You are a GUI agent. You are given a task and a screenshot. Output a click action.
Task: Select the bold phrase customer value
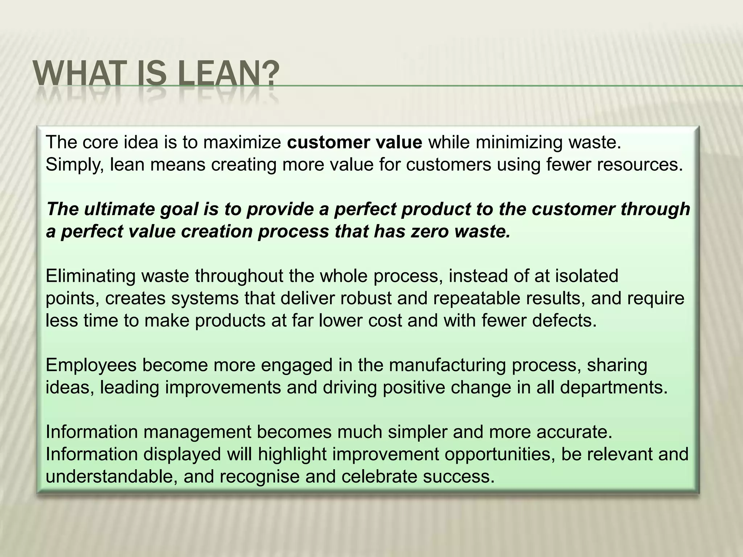pyautogui.click(x=354, y=142)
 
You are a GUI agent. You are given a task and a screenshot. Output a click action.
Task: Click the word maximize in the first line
pyautogui.click(x=242, y=142)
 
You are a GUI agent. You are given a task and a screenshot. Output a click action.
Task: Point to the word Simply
pyautogui.click(x=75, y=165)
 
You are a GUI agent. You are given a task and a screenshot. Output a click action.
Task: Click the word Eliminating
pyautogui.click(x=91, y=276)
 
